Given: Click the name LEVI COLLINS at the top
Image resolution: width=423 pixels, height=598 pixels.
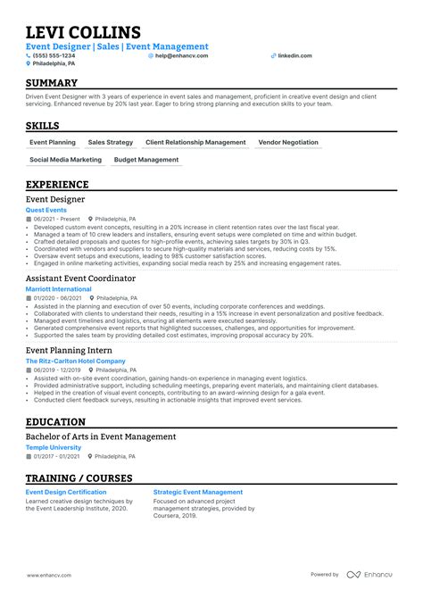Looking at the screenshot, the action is pos(83,32).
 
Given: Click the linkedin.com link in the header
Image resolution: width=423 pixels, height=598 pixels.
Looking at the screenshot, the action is pos(294,55).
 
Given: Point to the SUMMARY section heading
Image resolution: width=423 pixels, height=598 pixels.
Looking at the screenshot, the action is pos(53,83).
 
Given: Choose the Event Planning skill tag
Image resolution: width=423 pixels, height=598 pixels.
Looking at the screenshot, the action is pos(53,142).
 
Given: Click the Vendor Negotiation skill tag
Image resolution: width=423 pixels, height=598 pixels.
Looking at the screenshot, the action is pos(287,142).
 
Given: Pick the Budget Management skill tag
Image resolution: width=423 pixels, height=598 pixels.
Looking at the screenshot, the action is pos(147,160).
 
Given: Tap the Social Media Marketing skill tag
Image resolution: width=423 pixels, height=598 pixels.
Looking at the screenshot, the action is pos(65,160).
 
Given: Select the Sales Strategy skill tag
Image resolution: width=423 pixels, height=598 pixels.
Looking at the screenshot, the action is pos(111,142).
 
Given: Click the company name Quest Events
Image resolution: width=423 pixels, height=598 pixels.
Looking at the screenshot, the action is pos(46,210).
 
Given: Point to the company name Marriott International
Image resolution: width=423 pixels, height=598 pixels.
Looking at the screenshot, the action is pos(59,289).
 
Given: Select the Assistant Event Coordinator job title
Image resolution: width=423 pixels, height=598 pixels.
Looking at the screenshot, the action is pos(81,278).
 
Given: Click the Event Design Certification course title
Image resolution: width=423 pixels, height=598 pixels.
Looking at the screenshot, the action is pos(67,492).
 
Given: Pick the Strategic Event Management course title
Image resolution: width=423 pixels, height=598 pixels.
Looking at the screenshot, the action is pos(197,492).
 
